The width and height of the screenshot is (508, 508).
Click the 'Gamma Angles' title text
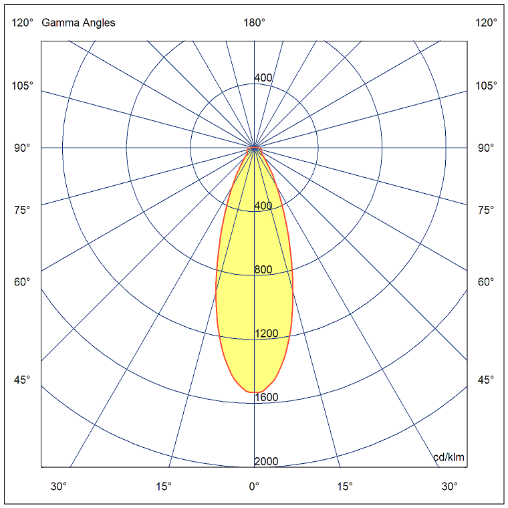pyautogui.click(x=78, y=23)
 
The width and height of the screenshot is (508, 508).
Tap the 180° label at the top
pyautogui.click(x=254, y=23)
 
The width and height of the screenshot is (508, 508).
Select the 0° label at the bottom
pyautogui.click(x=254, y=486)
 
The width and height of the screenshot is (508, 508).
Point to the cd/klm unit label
pyautogui.click(x=449, y=457)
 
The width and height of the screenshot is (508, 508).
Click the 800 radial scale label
pyautogui.click(x=263, y=270)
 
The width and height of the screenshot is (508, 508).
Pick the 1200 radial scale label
pyautogui.click(x=266, y=334)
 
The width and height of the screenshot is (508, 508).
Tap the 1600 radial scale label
pyautogui.click(x=266, y=398)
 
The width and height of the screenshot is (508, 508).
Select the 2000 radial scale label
pyautogui.click(x=266, y=462)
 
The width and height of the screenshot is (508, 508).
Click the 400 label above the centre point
pyautogui.click(x=263, y=78)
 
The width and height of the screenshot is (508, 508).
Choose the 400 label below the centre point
pyautogui.click(x=263, y=206)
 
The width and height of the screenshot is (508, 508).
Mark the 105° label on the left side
pyautogui.click(x=21, y=86)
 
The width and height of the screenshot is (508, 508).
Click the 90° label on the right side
pyautogui.click(x=486, y=148)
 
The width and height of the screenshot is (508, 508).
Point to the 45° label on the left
pyautogui.click(x=22, y=380)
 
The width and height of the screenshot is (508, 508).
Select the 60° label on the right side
pyautogui.click(x=486, y=281)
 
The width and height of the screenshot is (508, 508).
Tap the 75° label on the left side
pyautogui.click(x=22, y=210)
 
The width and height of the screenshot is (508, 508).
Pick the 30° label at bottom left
pyautogui.click(x=59, y=486)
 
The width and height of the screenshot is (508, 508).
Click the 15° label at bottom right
pyautogui.click(x=345, y=486)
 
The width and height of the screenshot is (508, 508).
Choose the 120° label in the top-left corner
pyautogui.click(x=22, y=23)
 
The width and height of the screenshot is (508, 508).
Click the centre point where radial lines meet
pyautogui.click(x=254, y=148)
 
